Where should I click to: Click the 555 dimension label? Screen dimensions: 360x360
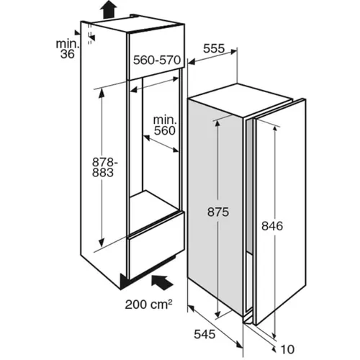pos(214,48)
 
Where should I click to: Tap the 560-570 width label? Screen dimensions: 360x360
pos(157,60)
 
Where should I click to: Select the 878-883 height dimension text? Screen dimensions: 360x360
pos(105,168)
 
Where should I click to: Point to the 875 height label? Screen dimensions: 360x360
pos(218,212)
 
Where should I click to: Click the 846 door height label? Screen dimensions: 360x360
pos(272,226)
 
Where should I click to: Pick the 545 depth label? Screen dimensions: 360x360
pos(204,334)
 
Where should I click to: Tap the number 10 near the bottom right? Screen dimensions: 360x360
pos(287,349)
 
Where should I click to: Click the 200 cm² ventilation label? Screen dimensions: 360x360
pos(148,305)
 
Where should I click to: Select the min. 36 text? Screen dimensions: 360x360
pos(68,49)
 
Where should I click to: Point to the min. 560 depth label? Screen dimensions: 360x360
pos(165,125)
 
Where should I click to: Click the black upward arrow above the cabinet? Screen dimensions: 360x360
pos(109,9)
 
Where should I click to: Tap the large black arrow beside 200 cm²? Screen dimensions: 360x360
pos(162,282)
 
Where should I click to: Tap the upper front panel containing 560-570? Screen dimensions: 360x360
pos(156,55)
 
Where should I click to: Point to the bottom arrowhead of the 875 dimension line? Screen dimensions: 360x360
pos(217,312)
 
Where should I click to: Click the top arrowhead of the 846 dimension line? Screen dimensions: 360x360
pos(275,130)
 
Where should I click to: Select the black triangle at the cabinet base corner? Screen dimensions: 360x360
pos(125,282)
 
